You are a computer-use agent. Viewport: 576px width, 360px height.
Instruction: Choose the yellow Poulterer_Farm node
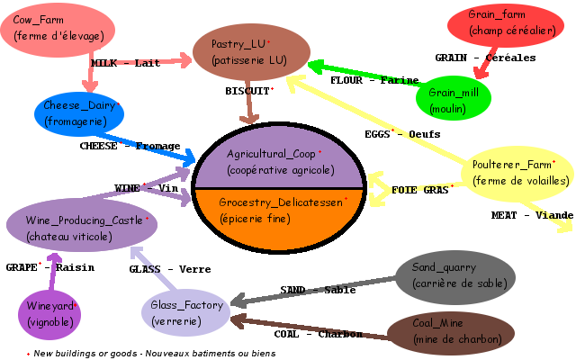(x=517, y=172)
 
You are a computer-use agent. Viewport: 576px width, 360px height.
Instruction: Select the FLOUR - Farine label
(x=374, y=80)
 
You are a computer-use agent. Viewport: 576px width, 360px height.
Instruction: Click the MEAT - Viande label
(x=532, y=215)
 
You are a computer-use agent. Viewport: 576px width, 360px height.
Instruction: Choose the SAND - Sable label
(x=317, y=290)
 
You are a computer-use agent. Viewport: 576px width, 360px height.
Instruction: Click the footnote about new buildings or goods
(x=150, y=354)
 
